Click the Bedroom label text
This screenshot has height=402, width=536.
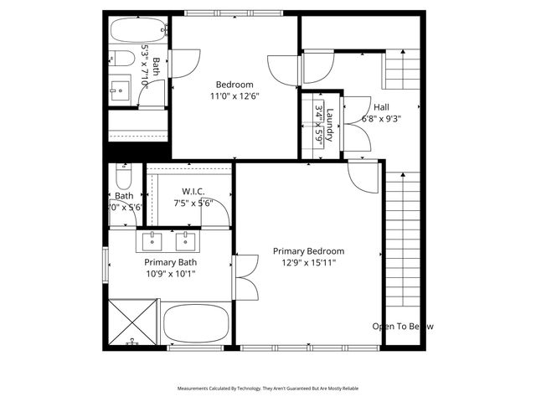(x=234, y=84)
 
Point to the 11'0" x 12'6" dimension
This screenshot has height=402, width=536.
(x=234, y=95)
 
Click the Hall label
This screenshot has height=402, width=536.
(x=381, y=107)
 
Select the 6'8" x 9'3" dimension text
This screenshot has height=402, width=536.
(x=381, y=119)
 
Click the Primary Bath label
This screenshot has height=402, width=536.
(x=171, y=262)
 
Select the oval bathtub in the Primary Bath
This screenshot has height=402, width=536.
(x=197, y=325)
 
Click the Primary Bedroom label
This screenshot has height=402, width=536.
(x=308, y=250)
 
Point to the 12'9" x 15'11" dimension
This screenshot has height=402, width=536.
(x=308, y=262)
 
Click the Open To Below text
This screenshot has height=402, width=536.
(x=403, y=326)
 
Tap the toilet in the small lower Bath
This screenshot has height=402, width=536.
(x=123, y=178)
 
